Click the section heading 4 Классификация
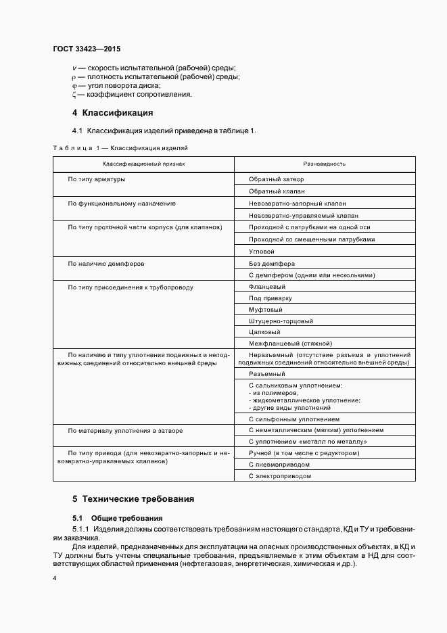(113, 112)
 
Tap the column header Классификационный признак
(143, 164)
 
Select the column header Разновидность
(325, 164)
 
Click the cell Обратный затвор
(277, 179)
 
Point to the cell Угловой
(262, 251)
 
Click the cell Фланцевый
(266, 287)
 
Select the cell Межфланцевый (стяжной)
(289, 344)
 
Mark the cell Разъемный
(266, 373)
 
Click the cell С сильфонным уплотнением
(293, 419)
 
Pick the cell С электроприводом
(280, 476)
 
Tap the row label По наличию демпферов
(106, 263)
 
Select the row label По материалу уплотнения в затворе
(125, 430)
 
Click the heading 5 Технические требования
(133, 499)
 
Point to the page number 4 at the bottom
(55, 579)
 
